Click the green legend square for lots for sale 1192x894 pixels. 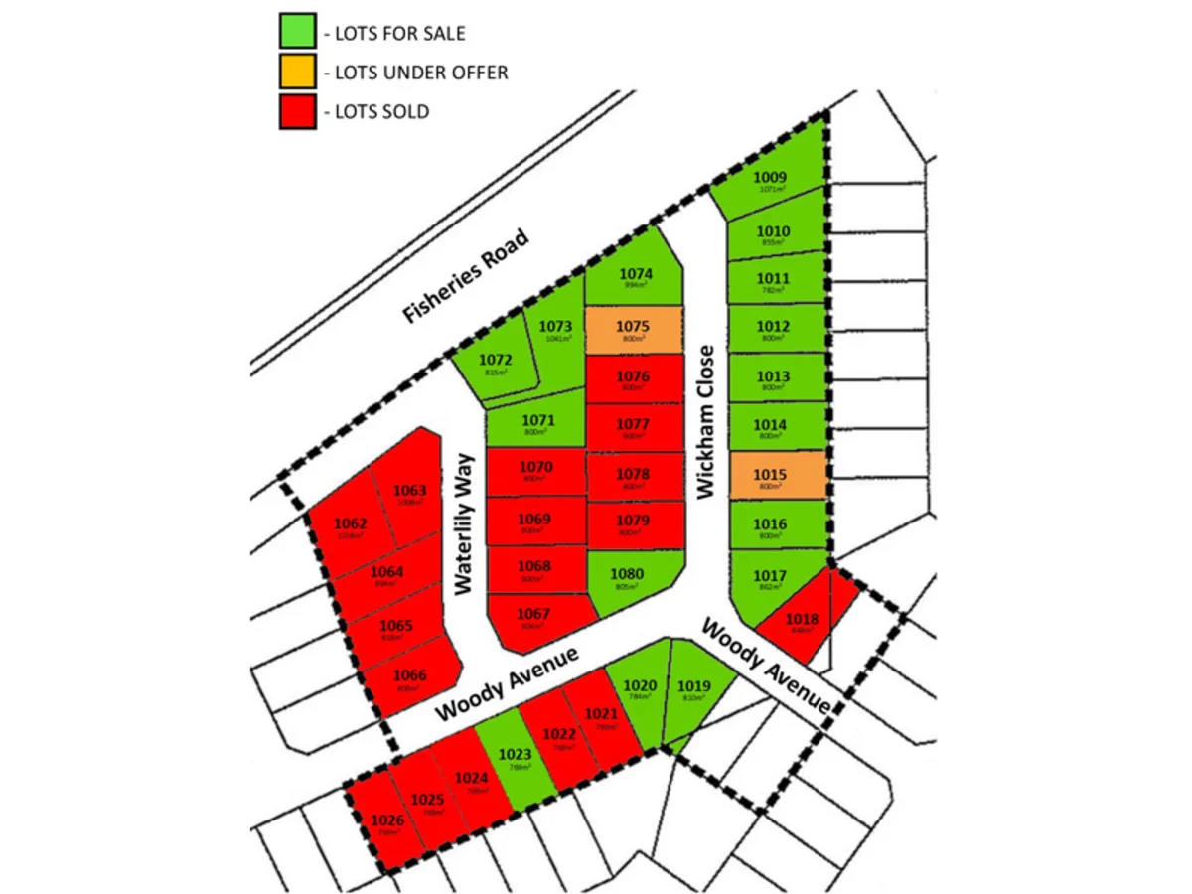[x=297, y=33]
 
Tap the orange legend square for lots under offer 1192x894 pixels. [x=297, y=73]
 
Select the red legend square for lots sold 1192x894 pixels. [x=297, y=111]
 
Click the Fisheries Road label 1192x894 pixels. [x=465, y=276]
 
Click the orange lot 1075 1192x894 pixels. [x=633, y=331]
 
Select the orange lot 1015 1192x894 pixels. [x=778, y=477]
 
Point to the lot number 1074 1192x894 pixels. [x=635, y=273]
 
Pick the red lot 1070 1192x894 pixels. [x=535, y=472]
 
